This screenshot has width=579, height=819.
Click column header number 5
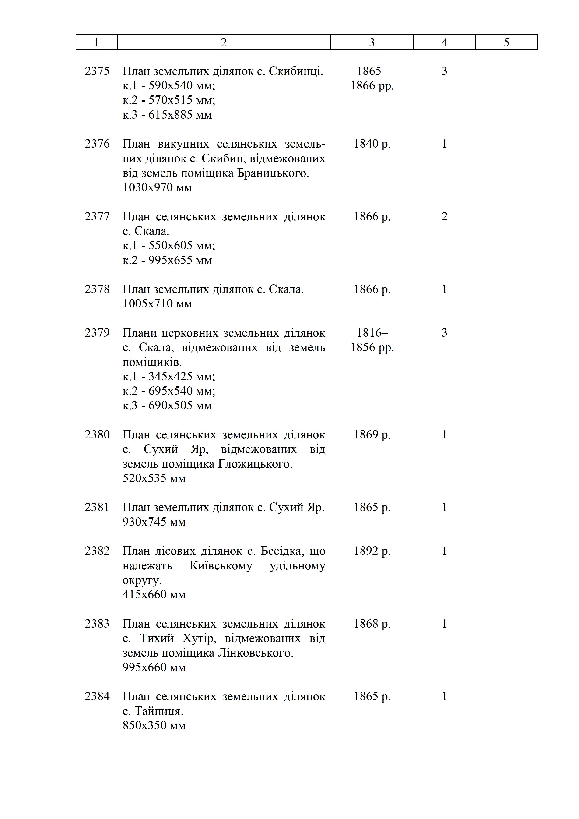click(x=506, y=42)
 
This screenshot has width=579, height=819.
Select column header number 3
click(x=372, y=42)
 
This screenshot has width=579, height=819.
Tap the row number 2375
click(x=97, y=71)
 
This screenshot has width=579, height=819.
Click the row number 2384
click(x=97, y=696)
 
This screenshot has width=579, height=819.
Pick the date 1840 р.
click(x=372, y=144)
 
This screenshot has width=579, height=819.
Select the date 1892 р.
click(x=372, y=551)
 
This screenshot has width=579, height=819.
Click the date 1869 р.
click(x=372, y=434)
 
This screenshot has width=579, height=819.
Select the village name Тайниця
click(x=159, y=711)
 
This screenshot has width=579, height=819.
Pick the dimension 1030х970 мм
click(x=157, y=187)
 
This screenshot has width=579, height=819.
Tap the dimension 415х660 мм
click(x=154, y=594)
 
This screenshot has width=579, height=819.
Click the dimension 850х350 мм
click(x=154, y=725)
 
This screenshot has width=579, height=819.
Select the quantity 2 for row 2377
click(x=444, y=216)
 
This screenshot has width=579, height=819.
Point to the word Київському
click(x=221, y=566)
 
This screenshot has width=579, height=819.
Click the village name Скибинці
click(x=296, y=71)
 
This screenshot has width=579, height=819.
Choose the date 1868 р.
click(x=372, y=624)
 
